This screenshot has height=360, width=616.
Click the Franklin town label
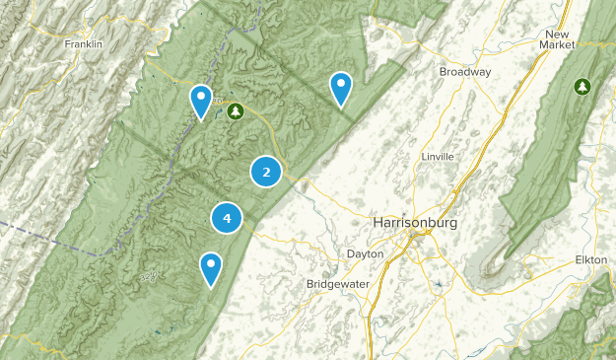84,44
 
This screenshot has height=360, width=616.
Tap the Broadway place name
465,72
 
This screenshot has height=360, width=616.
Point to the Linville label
437,157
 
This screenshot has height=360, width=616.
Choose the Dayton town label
365,253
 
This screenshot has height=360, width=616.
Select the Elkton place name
591,260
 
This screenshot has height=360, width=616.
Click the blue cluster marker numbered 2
266,172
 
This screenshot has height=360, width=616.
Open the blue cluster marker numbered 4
227,218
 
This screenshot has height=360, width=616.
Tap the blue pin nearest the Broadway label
341,88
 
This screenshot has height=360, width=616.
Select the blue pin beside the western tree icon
201,100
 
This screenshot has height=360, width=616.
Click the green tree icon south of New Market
582,87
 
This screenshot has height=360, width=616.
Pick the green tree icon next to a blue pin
235,111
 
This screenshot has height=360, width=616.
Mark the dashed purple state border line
49,239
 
